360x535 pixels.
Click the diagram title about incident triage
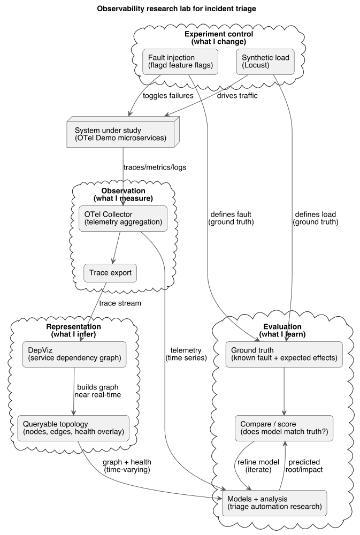[x=180, y=9]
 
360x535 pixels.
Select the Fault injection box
[x=181, y=62]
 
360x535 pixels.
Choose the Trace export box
[x=110, y=273]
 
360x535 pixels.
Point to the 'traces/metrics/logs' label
[x=155, y=166]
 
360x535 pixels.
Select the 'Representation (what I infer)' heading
[x=73, y=331]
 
